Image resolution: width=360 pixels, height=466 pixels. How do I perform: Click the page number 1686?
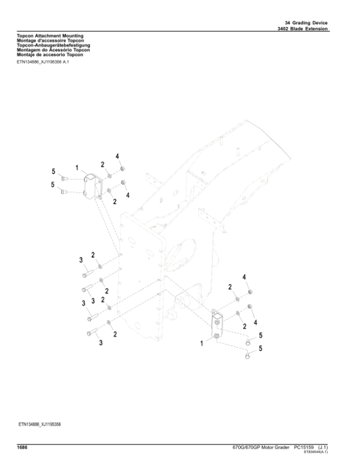pyautogui.click(x=22, y=447)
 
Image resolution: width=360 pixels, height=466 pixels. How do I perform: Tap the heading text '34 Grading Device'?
pyautogui.click(x=306, y=23)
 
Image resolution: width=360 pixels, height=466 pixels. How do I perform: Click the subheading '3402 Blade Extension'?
pyautogui.click(x=302, y=29)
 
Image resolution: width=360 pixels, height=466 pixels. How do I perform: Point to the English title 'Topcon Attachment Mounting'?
pyautogui.click(x=50, y=36)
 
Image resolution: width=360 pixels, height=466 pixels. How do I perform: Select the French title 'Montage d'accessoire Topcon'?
pyautogui.click(x=50, y=40)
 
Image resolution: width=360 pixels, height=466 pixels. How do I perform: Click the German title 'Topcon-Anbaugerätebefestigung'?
pyautogui.click(x=53, y=45)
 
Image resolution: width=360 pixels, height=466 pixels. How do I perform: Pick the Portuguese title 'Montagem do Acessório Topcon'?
pyautogui.click(x=53, y=50)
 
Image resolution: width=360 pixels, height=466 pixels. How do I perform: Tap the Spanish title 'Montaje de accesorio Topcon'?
pyautogui.click(x=50, y=55)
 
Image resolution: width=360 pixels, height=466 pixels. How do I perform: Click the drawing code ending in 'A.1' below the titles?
pyautogui.click(x=43, y=62)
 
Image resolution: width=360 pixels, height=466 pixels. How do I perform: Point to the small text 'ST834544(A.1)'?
pyautogui.click(x=316, y=452)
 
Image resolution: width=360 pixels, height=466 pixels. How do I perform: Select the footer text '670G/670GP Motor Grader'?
pyautogui.click(x=261, y=447)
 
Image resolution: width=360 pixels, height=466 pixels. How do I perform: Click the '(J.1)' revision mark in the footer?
pyautogui.click(x=323, y=447)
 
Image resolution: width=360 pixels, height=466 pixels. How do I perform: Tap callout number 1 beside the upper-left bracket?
pyautogui.click(x=77, y=168)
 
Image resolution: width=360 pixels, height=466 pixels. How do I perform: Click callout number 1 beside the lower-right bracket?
pyautogui.click(x=202, y=343)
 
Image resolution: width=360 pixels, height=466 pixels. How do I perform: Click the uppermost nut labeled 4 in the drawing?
pyautogui.click(x=122, y=169)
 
